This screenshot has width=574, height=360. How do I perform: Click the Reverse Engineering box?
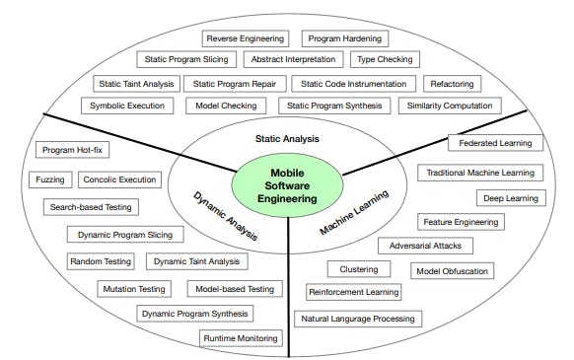[248, 38]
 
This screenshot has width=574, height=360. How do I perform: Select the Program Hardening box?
[344, 38]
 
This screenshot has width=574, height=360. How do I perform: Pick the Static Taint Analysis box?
[135, 84]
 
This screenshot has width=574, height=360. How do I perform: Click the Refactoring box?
[452, 84]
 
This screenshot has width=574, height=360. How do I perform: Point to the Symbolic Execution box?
[128, 106]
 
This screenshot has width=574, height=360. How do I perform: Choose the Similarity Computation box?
[449, 106]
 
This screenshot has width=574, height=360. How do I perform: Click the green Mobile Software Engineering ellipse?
[287, 185]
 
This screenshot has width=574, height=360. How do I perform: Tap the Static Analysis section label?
[287, 140]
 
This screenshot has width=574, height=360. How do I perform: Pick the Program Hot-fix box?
[72, 150]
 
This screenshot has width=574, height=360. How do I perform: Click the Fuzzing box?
[49, 180]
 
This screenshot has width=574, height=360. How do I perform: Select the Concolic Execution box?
[120, 180]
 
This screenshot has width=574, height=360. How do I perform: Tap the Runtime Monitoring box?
[241, 338]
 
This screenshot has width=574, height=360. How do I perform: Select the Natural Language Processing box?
[358, 319]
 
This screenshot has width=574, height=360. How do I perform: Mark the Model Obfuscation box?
[452, 270]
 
